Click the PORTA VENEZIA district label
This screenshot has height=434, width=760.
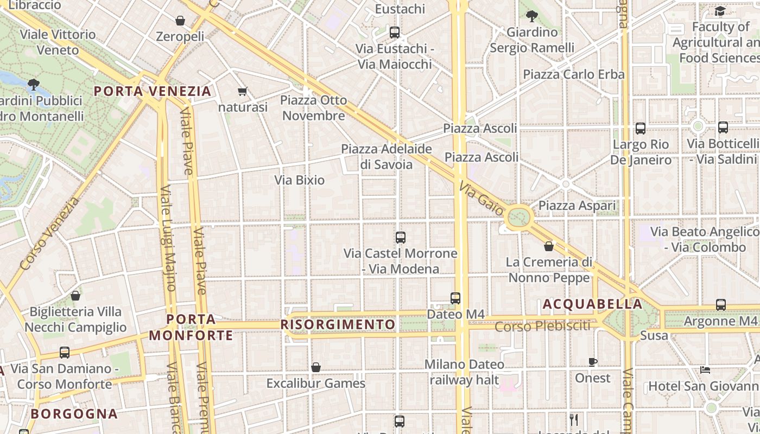153,91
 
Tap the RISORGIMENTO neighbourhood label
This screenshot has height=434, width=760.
338,324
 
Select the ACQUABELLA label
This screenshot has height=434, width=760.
593,304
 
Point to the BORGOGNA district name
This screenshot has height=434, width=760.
74,414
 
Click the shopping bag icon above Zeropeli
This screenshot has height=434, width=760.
180,21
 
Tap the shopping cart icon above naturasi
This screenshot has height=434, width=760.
243,92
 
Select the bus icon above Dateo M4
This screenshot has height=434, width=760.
455,298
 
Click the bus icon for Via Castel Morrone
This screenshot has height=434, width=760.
401,238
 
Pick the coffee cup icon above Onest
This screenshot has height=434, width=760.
593,362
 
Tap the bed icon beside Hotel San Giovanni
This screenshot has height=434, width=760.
705,370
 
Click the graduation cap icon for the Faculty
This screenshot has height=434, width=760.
720,11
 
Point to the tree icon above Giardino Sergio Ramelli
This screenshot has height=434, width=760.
532,16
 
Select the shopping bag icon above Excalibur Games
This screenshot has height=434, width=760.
316,368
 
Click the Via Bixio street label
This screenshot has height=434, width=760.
300,180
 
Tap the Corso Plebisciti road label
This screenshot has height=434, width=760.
542,326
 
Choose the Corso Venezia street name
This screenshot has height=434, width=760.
49,234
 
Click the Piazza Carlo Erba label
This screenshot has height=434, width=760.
574,74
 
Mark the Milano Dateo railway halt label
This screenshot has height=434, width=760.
464,372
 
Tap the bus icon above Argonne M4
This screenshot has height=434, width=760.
721,305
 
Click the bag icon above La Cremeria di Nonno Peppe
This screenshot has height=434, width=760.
549,246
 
